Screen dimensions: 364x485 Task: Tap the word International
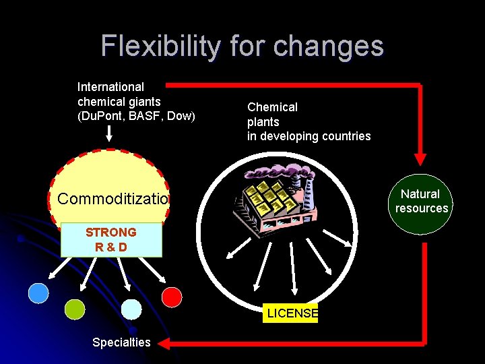coord(110,87)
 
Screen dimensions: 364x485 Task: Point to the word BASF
coord(145,116)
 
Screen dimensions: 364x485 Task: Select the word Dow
coord(181,116)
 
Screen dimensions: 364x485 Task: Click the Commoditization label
coord(112,199)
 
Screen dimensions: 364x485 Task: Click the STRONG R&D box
coord(111,240)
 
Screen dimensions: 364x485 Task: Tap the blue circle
coord(38,293)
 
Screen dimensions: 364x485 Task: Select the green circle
coord(75,309)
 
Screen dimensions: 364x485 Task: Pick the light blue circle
coord(131,309)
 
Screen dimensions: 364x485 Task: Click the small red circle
coord(172,297)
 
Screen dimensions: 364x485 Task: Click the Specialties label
coord(121,342)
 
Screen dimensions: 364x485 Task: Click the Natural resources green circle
coord(421,201)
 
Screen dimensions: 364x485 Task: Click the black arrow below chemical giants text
coord(110,135)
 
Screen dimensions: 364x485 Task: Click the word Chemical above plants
coord(272,107)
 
